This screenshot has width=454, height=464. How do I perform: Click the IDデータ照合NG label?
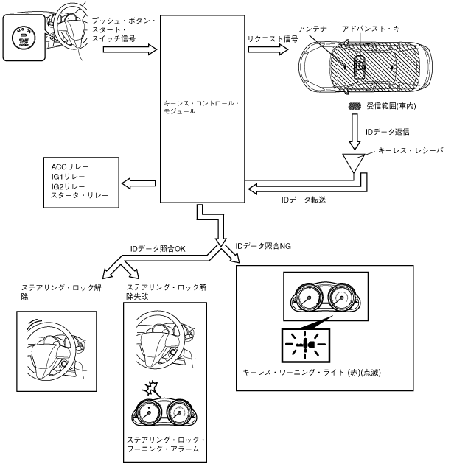[x=265, y=245]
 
